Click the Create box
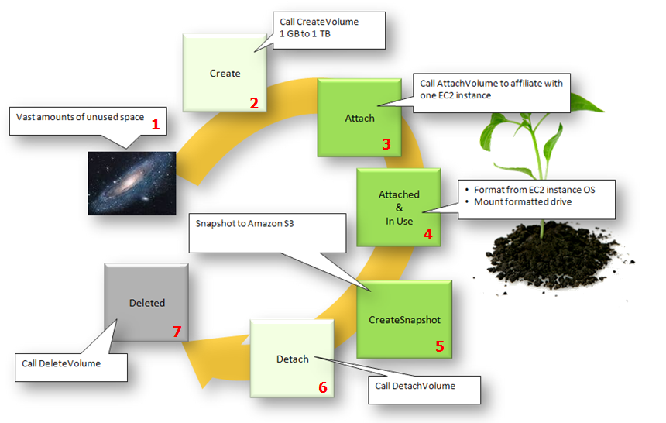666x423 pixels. point(225,74)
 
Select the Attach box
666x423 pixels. point(359,118)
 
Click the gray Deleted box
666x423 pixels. point(146,303)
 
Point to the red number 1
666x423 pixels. point(156,123)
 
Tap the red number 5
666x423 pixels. point(440,346)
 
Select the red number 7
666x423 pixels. point(177,332)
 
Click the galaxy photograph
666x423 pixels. point(132,183)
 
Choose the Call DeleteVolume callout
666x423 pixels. point(71,363)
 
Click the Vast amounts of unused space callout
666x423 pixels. point(77,120)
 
